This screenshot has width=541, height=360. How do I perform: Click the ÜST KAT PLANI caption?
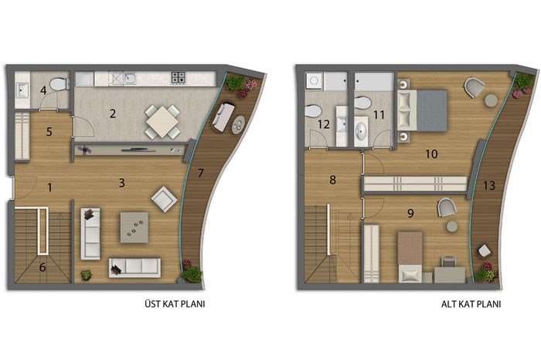(x=175, y=304)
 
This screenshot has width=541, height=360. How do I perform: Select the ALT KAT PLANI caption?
(x=471, y=304)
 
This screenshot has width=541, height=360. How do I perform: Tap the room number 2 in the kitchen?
(x=113, y=114)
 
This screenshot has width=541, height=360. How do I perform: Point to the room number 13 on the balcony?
(x=489, y=185)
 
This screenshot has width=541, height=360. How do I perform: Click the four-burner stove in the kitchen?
(x=179, y=78)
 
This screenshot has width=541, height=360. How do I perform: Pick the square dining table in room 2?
(x=162, y=122)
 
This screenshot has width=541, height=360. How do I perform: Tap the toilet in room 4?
(x=58, y=84)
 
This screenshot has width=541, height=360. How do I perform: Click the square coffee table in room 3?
(x=134, y=227)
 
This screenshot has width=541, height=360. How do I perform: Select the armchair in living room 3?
(x=164, y=199)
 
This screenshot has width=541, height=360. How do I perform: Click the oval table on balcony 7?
(x=238, y=125)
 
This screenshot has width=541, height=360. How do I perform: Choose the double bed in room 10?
(x=422, y=110)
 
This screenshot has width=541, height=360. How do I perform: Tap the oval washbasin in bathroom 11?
(x=361, y=131)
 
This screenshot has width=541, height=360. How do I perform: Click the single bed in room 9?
(x=410, y=257)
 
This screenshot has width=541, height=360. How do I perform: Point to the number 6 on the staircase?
(x=43, y=267)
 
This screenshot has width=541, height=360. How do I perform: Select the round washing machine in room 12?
(x=314, y=80)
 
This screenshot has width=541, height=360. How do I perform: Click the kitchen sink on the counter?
(x=130, y=78)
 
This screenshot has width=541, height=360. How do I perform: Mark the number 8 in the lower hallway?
(x=332, y=180)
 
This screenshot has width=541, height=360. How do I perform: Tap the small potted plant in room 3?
(x=86, y=275)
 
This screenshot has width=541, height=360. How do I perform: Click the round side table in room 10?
(x=491, y=100)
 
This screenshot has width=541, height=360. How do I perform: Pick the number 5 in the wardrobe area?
(x=49, y=132)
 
